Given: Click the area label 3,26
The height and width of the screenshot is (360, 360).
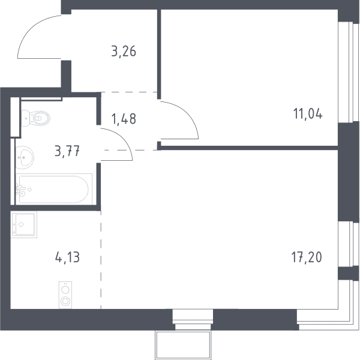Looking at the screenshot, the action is point(124,51).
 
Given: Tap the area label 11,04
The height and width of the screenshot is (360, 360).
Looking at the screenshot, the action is point(308,113).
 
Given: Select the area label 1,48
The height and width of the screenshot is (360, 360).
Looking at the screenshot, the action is point(124,119).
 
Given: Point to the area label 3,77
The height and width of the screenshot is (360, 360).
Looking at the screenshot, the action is point(67,152).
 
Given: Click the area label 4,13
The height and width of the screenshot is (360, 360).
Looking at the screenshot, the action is point(67,257).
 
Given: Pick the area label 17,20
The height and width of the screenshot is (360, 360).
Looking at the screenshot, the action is point(307,257).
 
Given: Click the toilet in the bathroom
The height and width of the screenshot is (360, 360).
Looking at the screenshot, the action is point(36,118).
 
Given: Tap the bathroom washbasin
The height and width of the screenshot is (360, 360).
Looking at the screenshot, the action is point(25,157).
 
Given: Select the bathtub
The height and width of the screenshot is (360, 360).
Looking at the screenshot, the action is point(54,190).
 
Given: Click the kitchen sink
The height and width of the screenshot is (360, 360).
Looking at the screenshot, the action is point(23,224).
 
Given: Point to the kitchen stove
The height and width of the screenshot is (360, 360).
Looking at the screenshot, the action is point(65,295).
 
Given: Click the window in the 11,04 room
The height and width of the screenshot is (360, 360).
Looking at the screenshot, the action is point(349,73).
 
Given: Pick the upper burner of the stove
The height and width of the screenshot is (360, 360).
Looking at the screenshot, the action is point(65,290).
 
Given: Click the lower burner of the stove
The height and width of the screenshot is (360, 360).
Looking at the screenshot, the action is point(65,301).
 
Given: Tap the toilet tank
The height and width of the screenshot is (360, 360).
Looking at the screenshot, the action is point(25,118).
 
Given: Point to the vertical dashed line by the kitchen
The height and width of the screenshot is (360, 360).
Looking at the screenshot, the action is point(101,260).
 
